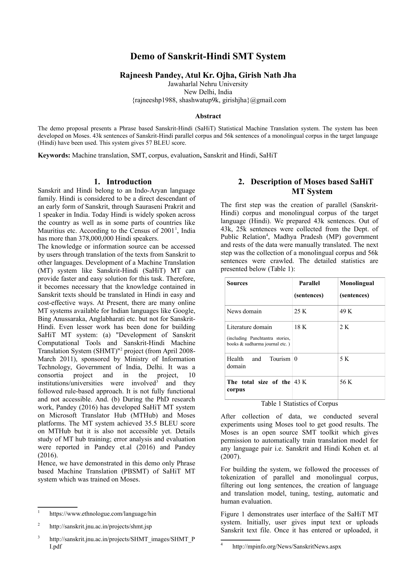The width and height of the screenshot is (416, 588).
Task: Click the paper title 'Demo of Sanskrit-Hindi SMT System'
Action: (208, 56)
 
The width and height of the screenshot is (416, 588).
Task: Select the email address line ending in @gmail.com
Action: (208, 100)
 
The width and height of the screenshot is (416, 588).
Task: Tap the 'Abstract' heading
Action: (208, 116)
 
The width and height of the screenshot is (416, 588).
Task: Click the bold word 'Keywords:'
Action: (54, 155)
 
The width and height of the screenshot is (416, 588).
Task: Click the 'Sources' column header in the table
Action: (237, 283)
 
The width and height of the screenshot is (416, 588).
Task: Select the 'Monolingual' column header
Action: (357, 283)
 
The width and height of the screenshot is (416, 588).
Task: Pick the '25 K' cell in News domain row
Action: (300, 311)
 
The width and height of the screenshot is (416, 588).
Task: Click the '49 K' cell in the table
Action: (346, 311)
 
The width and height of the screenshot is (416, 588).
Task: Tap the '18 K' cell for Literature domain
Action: (300, 327)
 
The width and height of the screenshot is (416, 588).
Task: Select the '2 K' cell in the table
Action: (344, 327)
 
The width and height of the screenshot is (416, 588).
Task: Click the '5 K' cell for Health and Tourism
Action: (344, 359)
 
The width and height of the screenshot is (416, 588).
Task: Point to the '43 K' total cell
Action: (300, 382)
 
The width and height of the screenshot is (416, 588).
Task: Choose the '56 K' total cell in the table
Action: (346, 382)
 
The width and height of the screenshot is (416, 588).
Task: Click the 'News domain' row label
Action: (244, 311)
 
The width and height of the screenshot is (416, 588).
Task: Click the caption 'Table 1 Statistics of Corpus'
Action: (299, 404)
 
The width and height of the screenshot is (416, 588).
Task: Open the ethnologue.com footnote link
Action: (103, 514)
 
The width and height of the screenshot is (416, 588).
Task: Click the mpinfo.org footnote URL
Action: (287, 546)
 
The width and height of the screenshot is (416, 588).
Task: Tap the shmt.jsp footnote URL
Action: (100, 526)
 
